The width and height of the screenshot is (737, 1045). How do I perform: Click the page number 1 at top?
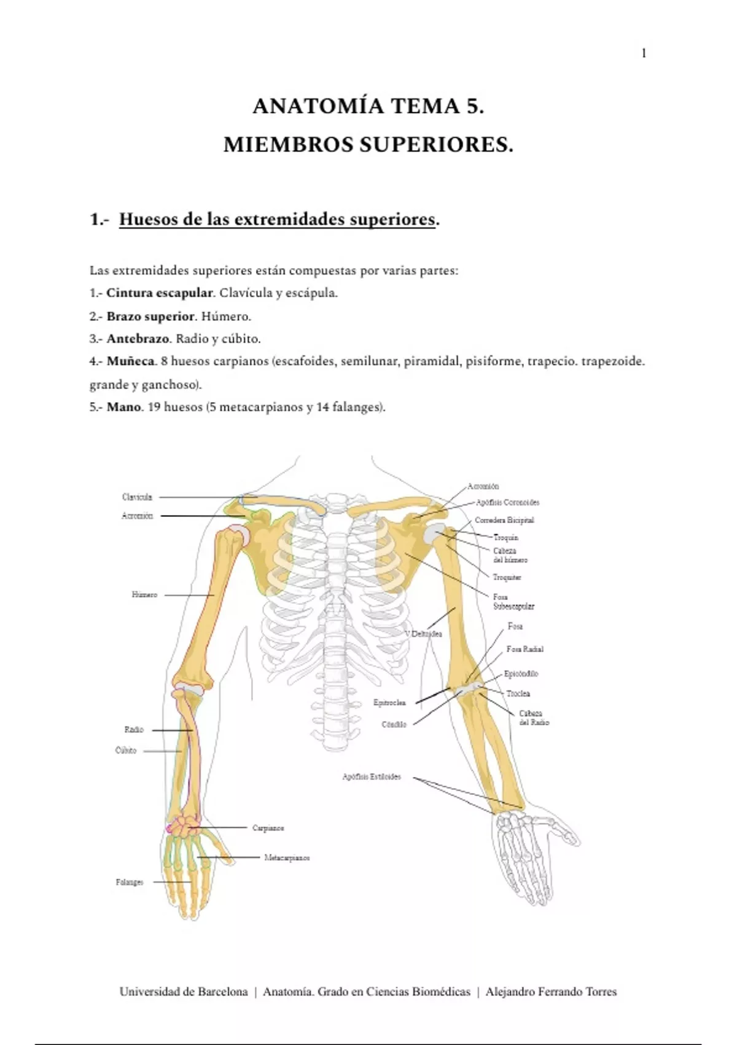click(644, 53)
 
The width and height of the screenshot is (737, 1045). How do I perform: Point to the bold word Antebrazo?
click(138, 339)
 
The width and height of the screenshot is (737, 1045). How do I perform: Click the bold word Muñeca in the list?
click(130, 361)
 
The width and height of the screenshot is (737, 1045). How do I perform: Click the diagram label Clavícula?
click(137, 497)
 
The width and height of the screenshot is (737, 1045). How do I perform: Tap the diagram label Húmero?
click(144, 595)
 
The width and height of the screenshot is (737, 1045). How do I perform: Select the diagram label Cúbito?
click(126, 751)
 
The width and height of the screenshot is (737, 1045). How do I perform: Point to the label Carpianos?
click(268, 828)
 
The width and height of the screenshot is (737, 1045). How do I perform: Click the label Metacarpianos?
click(287, 858)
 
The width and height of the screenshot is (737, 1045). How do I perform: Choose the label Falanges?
click(130, 882)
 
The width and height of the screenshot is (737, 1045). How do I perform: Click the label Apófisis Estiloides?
click(372, 777)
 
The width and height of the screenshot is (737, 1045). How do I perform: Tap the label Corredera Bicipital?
click(504, 520)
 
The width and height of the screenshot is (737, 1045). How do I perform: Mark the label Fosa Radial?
click(525, 649)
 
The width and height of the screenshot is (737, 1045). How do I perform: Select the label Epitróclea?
click(389, 703)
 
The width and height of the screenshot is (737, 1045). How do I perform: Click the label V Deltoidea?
click(423, 634)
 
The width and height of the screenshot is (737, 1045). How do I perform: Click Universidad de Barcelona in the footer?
click(184, 992)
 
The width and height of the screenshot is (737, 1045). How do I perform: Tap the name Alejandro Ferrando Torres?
click(551, 992)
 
